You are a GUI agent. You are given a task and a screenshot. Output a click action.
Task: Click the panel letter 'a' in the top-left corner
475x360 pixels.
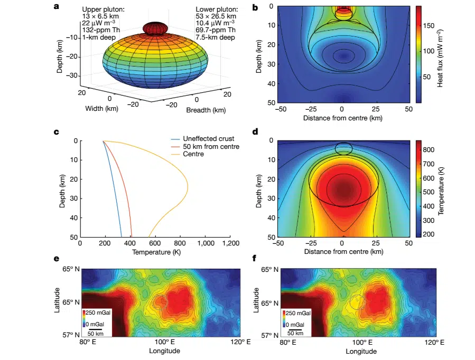(x=57, y=7)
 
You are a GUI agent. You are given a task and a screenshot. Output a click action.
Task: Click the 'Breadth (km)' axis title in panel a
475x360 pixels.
(x=206, y=110)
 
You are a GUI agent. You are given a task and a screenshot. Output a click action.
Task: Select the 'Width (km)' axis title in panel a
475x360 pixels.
(x=103, y=109)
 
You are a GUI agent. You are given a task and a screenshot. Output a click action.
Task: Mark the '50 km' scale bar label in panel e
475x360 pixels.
(x=95, y=334)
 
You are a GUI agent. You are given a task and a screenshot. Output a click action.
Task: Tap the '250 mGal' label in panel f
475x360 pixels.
(x=300, y=313)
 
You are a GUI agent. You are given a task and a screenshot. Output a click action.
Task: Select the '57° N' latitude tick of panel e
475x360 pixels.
(x=71, y=335)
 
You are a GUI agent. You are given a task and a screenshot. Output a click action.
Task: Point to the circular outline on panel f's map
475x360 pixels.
(x=357, y=302)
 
